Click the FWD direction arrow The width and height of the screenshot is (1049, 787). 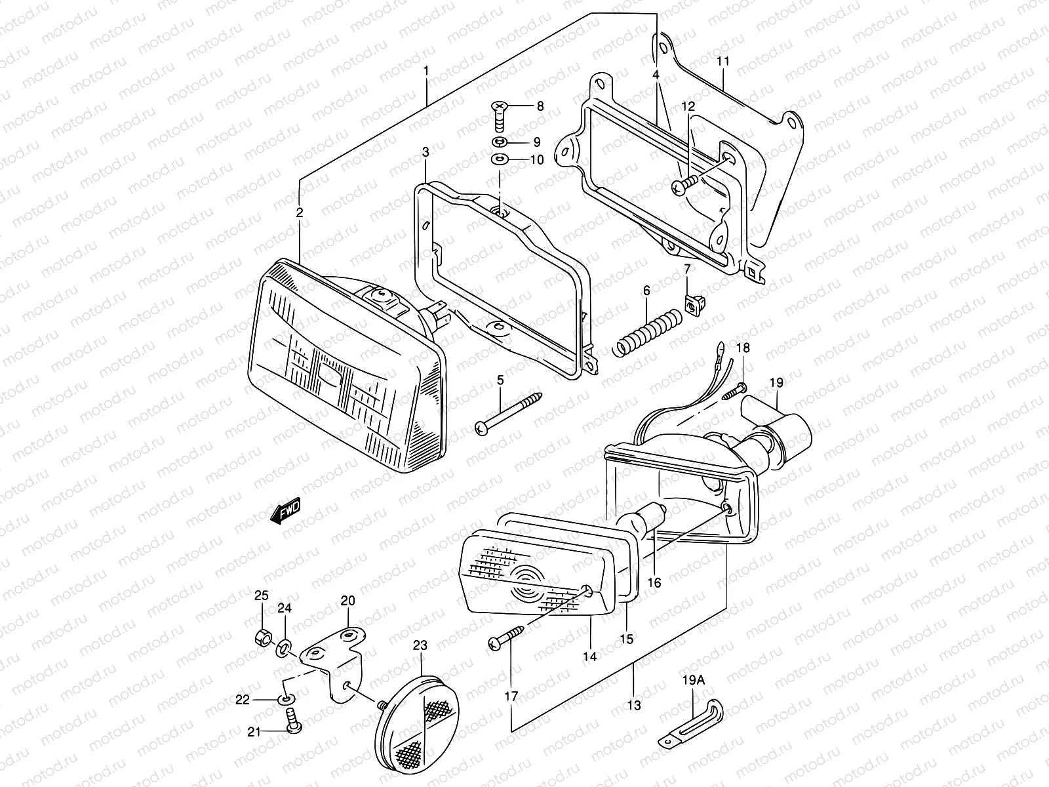[x=285, y=511]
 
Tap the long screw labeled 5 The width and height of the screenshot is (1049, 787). [x=509, y=413]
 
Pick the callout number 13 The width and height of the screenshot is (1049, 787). [x=633, y=706]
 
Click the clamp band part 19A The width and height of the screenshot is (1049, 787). [x=692, y=725]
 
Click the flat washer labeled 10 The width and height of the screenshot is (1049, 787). [x=499, y=159]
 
